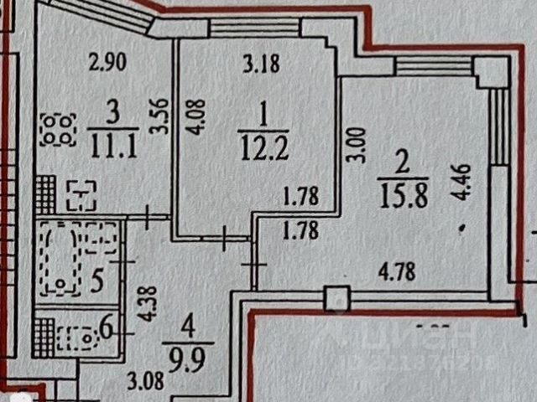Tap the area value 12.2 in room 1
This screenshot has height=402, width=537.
[x=256, y=152]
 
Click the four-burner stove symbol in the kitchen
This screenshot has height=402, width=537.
[x=57, y=128]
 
